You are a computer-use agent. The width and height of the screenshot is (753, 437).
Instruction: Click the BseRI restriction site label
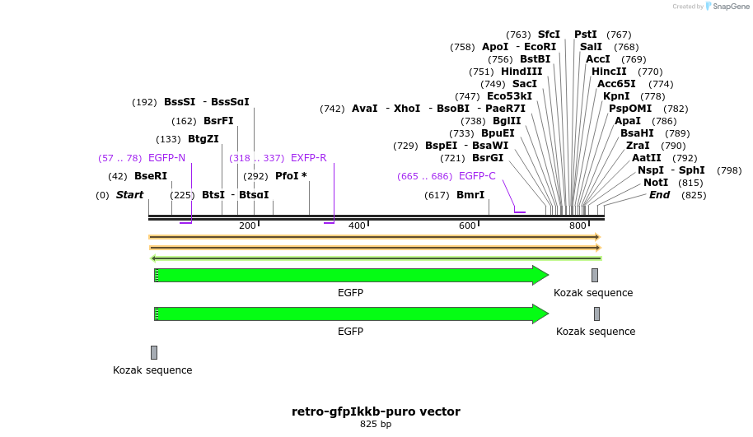point(150,176)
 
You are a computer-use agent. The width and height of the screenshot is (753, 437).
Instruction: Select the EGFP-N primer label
point(166,158)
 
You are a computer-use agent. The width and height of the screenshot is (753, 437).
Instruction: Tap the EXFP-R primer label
point(308,158)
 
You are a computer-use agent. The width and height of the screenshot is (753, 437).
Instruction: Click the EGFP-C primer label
point(477,176)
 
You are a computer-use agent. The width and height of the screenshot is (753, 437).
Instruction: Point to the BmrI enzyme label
point(470,195)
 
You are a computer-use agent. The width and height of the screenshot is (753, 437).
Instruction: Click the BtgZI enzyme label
point(203,139)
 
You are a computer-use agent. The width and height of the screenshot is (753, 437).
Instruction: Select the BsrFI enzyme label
point(218,121)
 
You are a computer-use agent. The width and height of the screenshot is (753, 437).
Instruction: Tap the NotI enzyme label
point(656,183)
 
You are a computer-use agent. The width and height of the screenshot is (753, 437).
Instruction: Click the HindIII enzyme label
point(521,72)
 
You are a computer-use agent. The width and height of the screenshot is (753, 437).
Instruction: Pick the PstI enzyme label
point(586,35)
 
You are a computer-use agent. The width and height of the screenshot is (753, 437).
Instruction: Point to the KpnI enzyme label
point(616,96)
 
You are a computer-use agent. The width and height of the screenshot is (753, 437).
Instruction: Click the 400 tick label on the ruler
point(357,225)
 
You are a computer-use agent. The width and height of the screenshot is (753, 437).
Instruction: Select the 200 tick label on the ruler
point(247,225)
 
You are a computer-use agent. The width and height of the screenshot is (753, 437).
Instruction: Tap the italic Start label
point(129,195)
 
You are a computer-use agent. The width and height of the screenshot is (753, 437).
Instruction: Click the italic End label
point(659,195)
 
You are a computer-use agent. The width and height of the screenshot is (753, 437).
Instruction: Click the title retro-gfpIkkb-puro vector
point(376,411)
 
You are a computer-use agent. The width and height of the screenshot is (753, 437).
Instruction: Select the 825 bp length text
point(376,425)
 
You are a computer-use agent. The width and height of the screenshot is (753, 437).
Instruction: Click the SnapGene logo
point(727,7)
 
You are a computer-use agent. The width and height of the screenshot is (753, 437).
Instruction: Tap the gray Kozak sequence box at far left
point(154,352)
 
